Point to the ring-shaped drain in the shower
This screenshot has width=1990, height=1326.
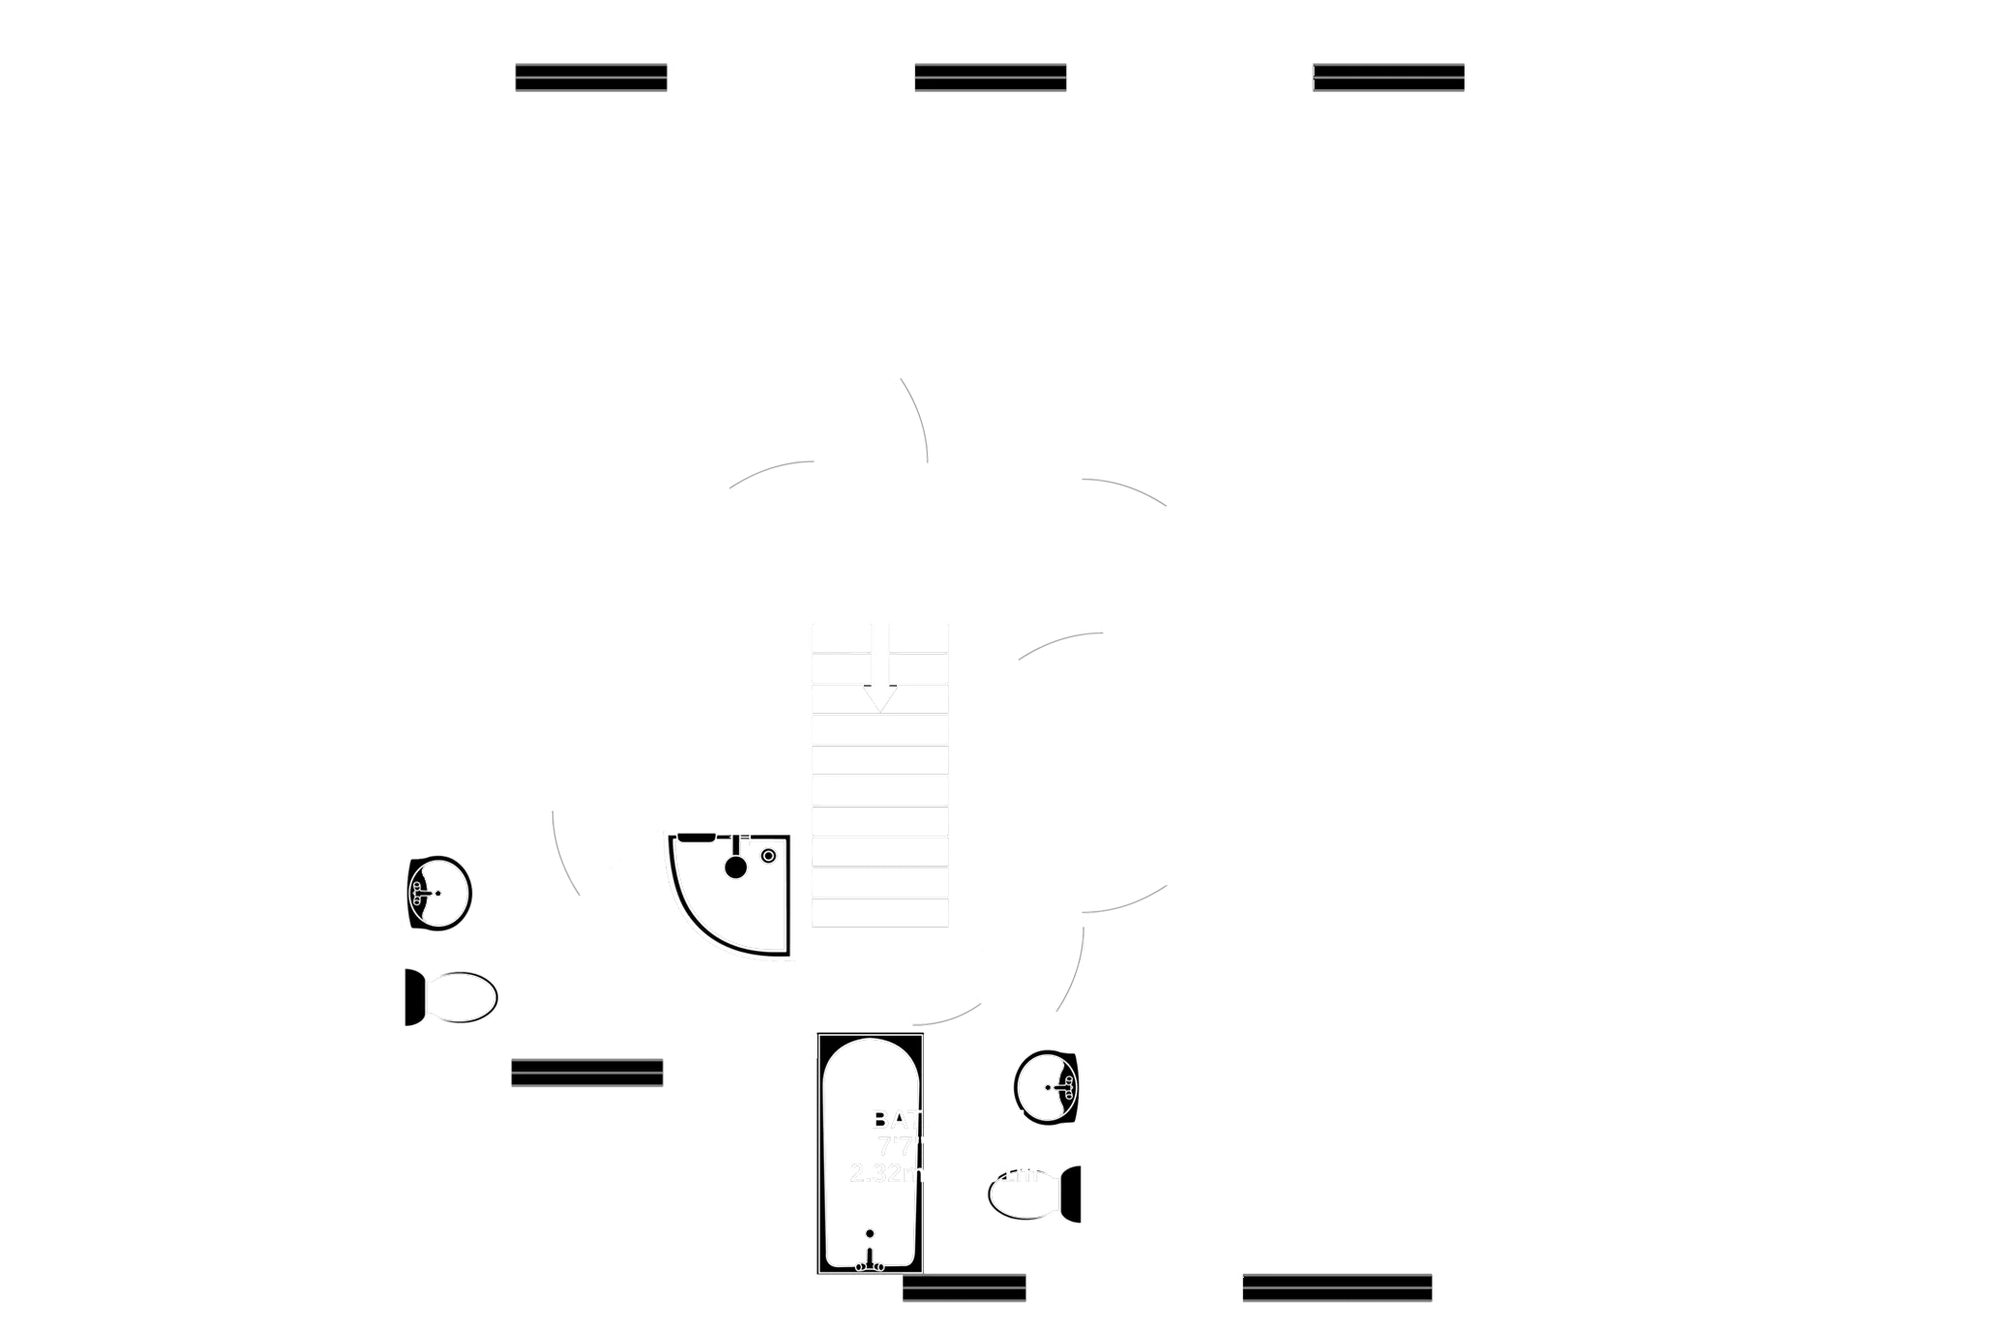point(768,855)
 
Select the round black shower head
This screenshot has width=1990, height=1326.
point(736,867)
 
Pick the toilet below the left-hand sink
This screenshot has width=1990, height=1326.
point(454,997)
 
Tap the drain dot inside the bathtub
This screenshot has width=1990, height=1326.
point(869,1233)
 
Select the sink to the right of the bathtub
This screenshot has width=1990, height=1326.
point(1048,1087)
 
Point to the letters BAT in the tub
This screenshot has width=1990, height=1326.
point(893,1120)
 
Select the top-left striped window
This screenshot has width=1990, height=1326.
point(590,77)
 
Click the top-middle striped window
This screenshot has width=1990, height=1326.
point(990,77)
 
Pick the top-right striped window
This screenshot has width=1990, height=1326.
point(1388,77)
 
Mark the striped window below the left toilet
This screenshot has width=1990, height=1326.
point(587,1072)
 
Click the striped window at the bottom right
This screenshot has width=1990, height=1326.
point(1336,1287)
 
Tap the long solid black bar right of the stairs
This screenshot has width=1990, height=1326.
point(1346,924)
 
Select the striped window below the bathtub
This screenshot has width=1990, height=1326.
point(964,1288)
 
